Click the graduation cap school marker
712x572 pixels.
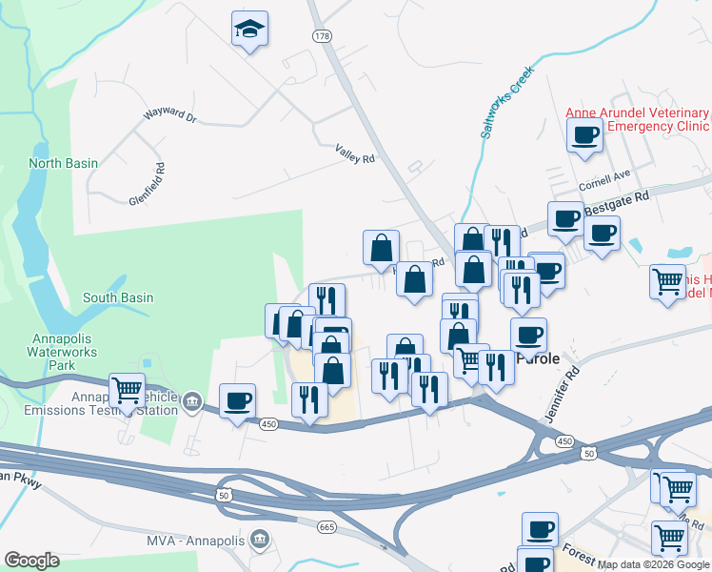[x=249, y=30]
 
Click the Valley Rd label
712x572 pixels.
[x=355, y=153]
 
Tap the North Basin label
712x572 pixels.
[x=63, y=163]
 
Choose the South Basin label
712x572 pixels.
[x=118, y=297]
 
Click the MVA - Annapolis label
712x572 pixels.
[x=195, y=541]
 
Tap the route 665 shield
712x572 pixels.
[x=327, y=526]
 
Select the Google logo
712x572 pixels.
[x=32, y=561]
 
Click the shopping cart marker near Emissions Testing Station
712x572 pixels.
[x=127, y=390]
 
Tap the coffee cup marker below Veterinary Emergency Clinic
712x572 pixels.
[x=583, y=134]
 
